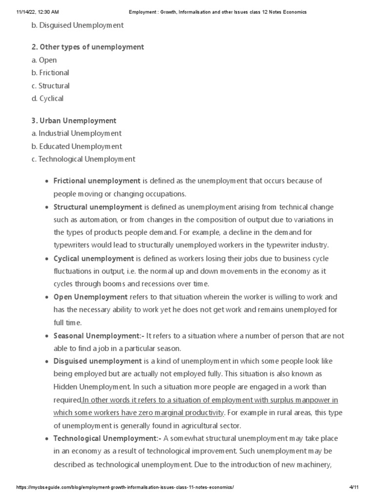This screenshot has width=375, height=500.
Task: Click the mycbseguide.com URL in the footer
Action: click(x=125, y=487)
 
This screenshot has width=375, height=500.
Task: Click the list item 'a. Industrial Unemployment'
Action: click(x=80, y=133)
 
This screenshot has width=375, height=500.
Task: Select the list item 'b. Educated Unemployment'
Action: click(x=80, y=146)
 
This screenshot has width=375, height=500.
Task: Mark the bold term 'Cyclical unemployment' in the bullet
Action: click(x=93, y=258)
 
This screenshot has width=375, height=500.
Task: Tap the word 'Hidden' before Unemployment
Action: click(x=65, y=387)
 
